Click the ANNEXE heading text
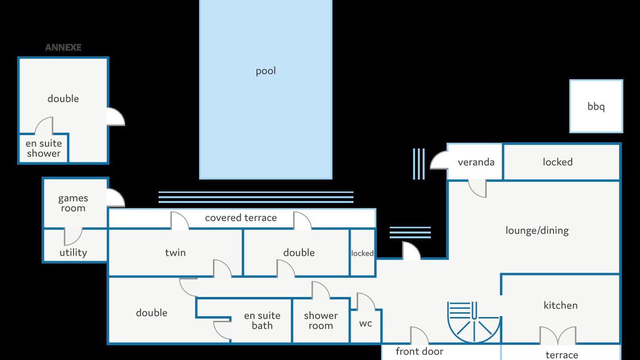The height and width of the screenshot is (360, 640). click(63, 47)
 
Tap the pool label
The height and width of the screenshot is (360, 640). click(265, 71)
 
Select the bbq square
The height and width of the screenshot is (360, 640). click(596, 106)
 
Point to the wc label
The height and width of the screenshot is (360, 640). click(365, 323)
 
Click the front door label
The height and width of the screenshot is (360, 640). click(419, 351)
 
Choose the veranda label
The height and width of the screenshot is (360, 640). click(475, 162)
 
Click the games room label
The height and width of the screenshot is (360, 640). click(73, 203)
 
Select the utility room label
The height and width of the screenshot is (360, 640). click(73, 252)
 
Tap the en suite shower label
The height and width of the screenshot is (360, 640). click(43, 148)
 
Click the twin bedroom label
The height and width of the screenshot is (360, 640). click(175, 252)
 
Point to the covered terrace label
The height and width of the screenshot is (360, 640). click(240, 218)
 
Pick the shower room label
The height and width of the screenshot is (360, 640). click(320, 320)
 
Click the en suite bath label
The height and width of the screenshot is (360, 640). click(262, 320)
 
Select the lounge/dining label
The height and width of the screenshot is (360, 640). click(536, 230)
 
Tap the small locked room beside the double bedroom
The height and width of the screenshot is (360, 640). click(362, 253)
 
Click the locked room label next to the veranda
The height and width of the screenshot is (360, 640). click(557, 162)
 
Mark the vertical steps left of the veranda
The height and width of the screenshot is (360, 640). click(418, 163)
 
